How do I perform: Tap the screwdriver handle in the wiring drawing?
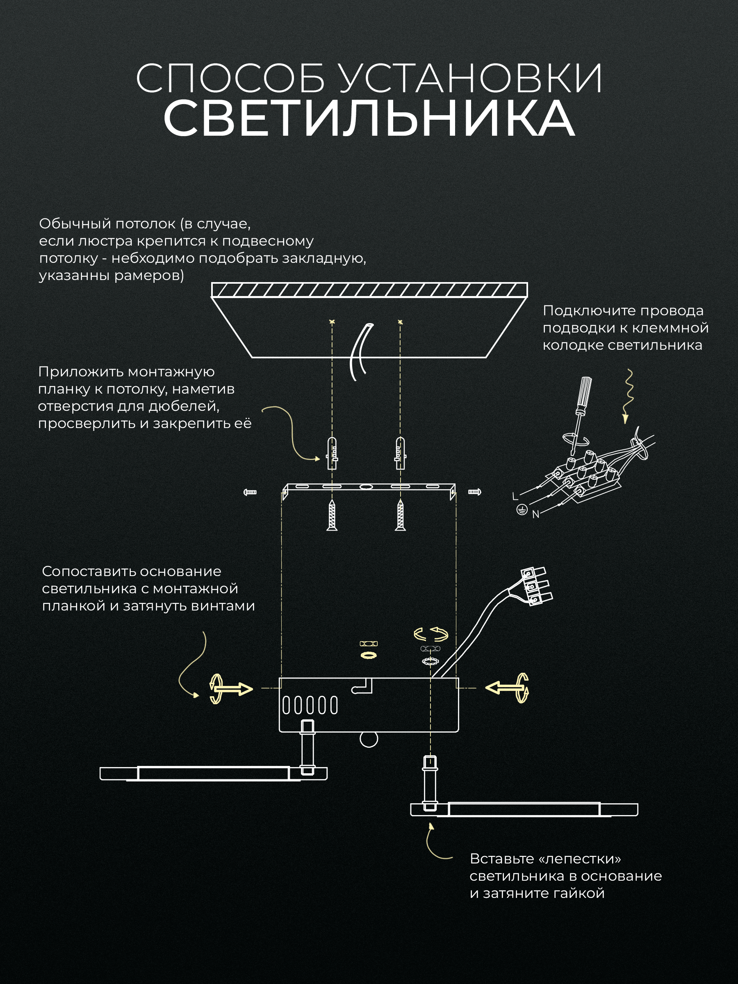[584, 392]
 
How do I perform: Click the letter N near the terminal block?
[535, 514]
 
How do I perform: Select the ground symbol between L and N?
[522, 509]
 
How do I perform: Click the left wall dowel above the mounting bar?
[332, 453]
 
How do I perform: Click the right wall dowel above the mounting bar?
[400, 453]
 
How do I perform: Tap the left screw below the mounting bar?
[332, 515]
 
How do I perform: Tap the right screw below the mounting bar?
[400, 515]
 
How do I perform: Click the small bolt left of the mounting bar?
[250, 492]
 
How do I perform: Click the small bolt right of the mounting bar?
[475, 492]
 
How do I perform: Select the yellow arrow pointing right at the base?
[231, 689]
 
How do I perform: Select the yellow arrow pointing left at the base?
[507, 688]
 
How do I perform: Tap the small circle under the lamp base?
[369, 739]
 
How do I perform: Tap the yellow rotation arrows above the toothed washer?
[430, 634]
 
